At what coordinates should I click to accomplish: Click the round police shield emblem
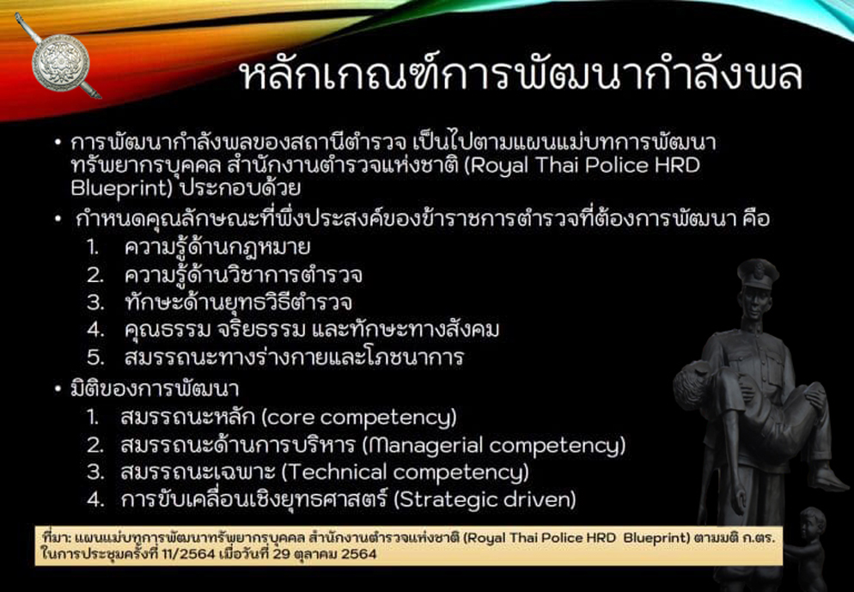pyautogui.click(x=60, y=62)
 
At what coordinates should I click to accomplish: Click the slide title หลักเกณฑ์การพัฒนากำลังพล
pyautogui.click(x=522, y=76)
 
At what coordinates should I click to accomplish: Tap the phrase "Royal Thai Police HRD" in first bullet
pyautogui.click(x=585, y=165)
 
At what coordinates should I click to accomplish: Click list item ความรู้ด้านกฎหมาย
pyautogui.click(x=217, y=247)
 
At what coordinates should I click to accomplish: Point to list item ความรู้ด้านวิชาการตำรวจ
pyautogui.click(x=243, y=275)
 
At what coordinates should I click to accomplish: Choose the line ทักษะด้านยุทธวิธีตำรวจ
pyautogui.click(x=238, y=302)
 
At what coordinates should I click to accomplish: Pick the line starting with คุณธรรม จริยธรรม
pyautogui.click(x=312, y=330)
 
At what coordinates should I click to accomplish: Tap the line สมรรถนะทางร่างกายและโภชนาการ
pyautogui.click(x=294, y=357)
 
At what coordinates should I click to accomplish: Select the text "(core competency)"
pyautogui.click(x=359, y=418)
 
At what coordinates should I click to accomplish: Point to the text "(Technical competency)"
pyautogui.click(x=406, y=473)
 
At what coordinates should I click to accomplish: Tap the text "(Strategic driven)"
pyautogui.click(x=485, y=499)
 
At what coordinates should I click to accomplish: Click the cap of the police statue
pyautogui.click(x=758, y=272)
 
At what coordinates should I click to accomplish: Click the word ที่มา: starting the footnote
pyautogui.click(x=54, y=538)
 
